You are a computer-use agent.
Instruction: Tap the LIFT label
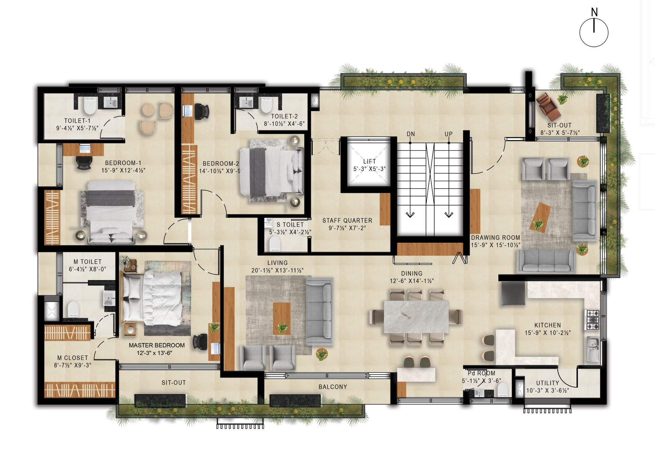[369, 161]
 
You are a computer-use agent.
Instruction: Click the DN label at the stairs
[411, 134]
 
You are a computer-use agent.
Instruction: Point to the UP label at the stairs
[449, 134]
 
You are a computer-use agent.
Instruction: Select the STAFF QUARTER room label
[347, 221]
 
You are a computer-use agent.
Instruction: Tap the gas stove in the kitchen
[593, 320]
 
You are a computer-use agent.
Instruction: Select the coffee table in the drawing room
[540, 218]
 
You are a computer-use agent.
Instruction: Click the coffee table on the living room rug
[282, 318]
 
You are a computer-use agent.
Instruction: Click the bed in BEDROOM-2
[271, 171]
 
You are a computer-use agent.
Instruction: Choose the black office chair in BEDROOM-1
[84, 163]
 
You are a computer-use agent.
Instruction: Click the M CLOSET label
[73, 358]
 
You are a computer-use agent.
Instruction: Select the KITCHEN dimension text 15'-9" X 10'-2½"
[548, 333]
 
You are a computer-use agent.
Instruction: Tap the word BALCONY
[333, 387]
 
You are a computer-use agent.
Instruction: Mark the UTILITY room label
[548, 383]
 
